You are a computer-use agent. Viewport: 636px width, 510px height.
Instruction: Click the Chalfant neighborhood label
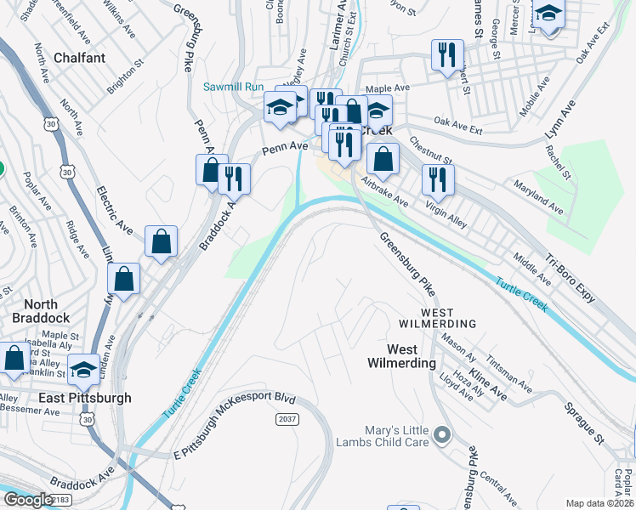79,58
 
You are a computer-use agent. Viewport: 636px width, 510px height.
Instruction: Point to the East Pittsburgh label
84,398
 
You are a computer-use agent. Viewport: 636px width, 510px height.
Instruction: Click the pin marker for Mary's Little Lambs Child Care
441,436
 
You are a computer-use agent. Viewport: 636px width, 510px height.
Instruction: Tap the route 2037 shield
287,420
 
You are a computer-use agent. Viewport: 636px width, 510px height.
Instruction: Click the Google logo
28,500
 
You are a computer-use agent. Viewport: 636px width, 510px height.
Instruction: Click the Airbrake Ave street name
386,191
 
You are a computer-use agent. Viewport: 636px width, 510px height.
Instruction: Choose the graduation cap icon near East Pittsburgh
83,370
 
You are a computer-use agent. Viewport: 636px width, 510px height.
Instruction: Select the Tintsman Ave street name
511,375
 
